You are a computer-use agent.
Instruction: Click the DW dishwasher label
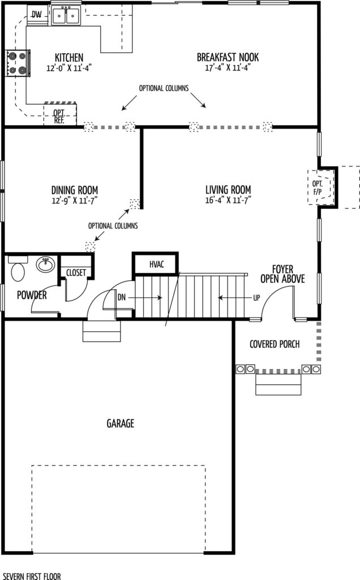pos(36,15)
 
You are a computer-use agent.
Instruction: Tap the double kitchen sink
pos(66,15)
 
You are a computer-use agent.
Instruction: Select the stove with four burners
pos(18,63)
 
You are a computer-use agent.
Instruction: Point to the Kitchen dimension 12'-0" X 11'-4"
pos(69,68)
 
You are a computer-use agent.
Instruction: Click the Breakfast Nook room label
pos(228,57)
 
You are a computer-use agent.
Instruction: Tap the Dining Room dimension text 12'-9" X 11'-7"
pos(75,201)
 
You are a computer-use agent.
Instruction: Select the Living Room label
pos(228,190)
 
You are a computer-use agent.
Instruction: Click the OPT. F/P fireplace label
pos(317,187)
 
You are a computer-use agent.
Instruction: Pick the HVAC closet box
pos(156,264)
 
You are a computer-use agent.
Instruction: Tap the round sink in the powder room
pos(45,264)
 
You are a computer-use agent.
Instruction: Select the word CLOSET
pos(76,272)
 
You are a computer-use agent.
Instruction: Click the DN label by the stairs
pos(122,297)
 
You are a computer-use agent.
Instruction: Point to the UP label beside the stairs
pos(256,297)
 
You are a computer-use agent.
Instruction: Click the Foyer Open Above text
pos(283,274)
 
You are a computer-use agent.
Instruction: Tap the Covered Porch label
pos(275,344)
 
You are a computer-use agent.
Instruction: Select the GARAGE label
pos(121,423)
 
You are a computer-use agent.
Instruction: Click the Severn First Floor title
pos(32,576)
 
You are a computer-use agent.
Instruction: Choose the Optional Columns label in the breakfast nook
pos(164,88)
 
